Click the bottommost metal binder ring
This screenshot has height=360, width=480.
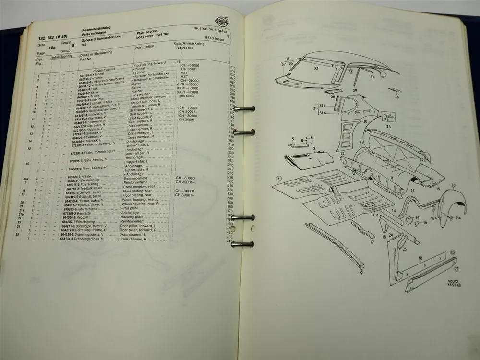click(x=243, y=244)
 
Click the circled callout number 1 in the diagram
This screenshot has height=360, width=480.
click(x=278, y=180)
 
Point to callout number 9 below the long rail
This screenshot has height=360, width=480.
click(x=360, y=273)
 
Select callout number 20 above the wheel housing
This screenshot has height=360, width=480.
click(x=453, y=185)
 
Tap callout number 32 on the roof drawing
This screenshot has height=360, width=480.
click(x=316, y=68)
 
